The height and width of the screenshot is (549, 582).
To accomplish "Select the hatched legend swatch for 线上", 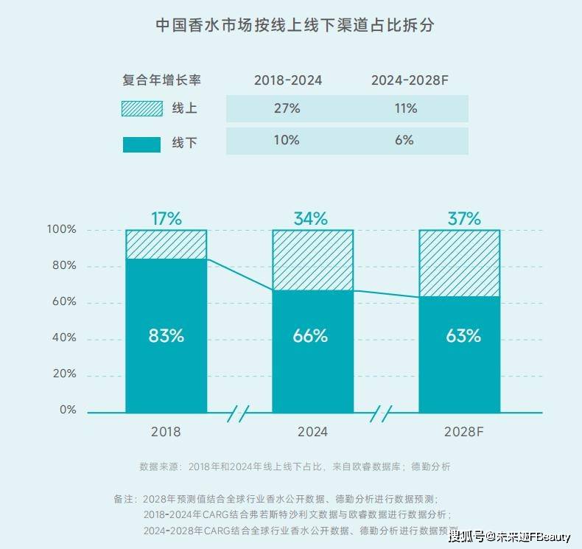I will [141, 108].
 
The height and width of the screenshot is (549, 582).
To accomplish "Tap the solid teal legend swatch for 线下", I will [141, 144].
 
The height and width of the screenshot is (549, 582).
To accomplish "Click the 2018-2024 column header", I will [288, 80].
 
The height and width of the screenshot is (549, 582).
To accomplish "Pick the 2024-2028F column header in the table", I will [410, 80].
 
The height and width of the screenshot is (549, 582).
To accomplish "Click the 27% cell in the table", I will [288, 108].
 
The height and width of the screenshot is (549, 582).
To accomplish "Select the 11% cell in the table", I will [405, 108].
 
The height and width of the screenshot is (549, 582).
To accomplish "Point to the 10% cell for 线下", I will [288, 140].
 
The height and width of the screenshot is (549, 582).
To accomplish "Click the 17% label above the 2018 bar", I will [166, 218].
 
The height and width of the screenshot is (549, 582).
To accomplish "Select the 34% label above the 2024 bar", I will [312, 218].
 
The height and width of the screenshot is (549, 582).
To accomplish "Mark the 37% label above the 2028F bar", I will [463, 218].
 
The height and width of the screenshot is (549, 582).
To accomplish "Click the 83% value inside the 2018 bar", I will [166, 336].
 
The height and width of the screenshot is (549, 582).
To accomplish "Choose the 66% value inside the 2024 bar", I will [312, 336].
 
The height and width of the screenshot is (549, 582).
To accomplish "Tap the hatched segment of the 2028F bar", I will [459, 263].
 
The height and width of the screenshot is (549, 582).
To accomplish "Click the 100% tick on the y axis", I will [61, 229].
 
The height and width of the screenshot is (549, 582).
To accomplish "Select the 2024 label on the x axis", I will [312, 432].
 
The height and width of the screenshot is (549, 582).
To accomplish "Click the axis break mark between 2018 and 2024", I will [239, 413].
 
